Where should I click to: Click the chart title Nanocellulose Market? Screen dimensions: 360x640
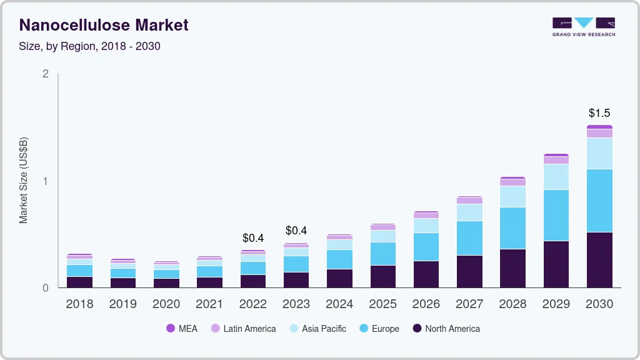click(x=104, y=26)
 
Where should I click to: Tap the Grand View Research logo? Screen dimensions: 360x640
click(x=583, y=27)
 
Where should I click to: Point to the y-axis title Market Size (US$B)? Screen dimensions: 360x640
click(x=24, y=180)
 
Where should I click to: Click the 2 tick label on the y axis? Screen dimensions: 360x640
click(x=45, y=74)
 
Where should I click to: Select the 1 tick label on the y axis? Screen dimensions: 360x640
click(x=45, y=181)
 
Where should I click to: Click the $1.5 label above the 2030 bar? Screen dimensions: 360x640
click(x=599, y=113)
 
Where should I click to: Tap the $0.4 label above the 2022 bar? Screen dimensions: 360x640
click(x=253, y=238)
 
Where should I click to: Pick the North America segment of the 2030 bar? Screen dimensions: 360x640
click(x=599, y=260)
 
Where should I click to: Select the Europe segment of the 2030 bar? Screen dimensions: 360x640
click(x=599, y=201)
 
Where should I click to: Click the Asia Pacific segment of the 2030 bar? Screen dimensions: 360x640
click(x=599, y=154)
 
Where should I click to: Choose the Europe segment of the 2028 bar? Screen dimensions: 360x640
click(x=512, y=228)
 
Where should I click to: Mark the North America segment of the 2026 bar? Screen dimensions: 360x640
click(x=426, y=274)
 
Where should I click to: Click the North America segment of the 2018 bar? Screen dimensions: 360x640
click(x=79, y=282)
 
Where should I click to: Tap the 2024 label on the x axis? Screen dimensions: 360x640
click(x=339, y=304)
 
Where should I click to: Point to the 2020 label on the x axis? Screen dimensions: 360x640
click(x=166, y=304)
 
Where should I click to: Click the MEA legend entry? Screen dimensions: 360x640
click(x=182, y=329)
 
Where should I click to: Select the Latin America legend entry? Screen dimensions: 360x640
click(x=243, y=329)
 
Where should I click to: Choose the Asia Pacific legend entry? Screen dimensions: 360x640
click(x=317, y=329)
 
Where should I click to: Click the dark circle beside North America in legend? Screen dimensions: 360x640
click(x=417, y=329)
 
